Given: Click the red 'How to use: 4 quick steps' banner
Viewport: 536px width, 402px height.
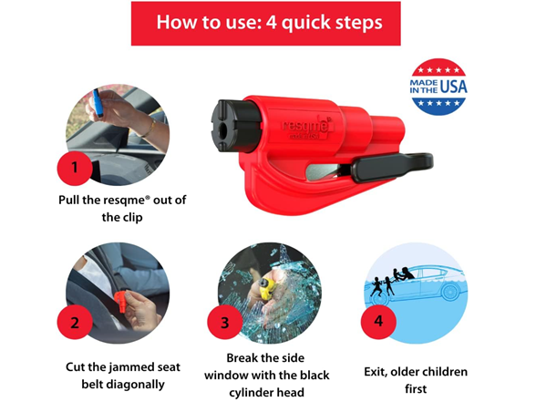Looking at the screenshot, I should coord(267,23).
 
